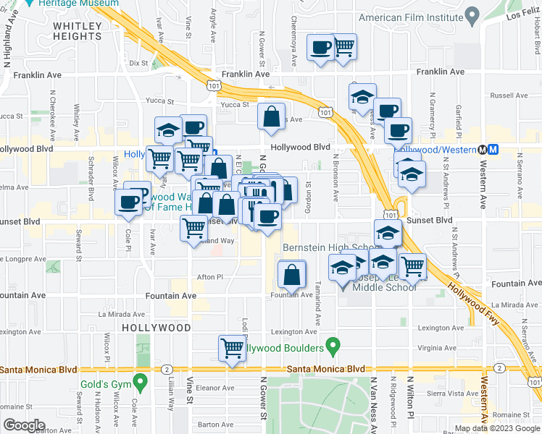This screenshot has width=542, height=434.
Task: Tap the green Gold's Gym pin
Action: coord(141,380)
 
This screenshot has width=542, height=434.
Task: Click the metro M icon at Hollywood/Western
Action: coord(493,148)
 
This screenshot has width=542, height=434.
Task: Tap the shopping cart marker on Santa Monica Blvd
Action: coord(232,348)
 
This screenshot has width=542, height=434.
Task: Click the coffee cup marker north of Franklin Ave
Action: coord(320,48)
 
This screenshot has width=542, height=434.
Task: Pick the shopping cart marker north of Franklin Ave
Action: coord(344,46)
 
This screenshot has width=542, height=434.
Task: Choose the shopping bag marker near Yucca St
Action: coord(272,117)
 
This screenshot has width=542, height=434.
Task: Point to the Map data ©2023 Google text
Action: coord(496,428)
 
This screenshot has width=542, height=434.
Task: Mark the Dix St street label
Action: coord(138,63)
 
